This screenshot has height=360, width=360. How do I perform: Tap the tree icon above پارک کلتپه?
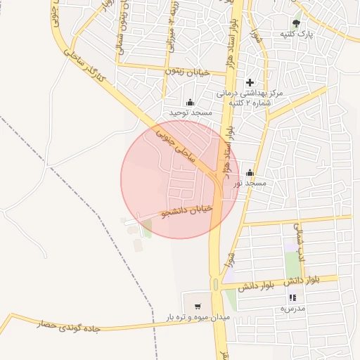click(297, 23)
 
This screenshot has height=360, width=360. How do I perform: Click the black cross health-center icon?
click(250, 82)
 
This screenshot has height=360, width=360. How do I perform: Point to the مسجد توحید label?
click(188, 112)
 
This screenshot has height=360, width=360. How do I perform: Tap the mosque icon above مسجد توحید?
click(189, 103)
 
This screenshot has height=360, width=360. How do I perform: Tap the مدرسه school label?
click(292, 308)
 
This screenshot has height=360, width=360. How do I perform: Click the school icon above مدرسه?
click(292, 298)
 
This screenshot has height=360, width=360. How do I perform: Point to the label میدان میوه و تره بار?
click(198, 317)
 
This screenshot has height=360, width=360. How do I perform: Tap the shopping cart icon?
click(198, 307)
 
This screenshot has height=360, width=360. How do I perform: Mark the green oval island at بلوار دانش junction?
click(214, 285)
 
